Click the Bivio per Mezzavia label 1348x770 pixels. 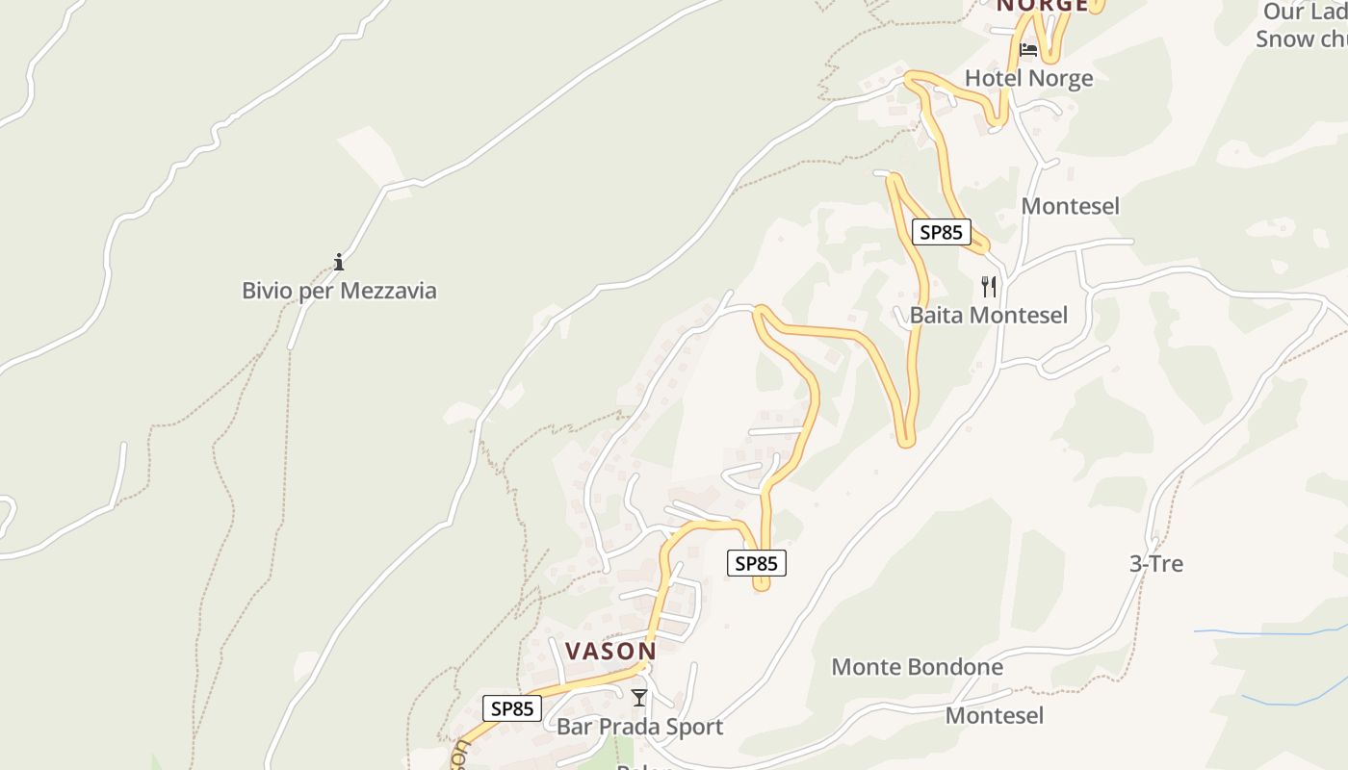click(x=339, y=290)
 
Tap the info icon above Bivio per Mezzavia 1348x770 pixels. click(x=339, y=262)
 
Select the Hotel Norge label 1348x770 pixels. click(x=1029, y=78)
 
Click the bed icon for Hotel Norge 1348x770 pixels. click(x=1028, y=49)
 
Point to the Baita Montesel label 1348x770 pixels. click(x=989, y=315)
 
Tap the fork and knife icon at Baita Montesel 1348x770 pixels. click(x=989, y=286)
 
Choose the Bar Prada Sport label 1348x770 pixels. click(x=639, y=726)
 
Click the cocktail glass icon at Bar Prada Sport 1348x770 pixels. click(x=639, y=698)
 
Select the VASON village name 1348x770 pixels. click(x=610, y=652)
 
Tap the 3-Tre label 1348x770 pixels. click(x=1155, y=563)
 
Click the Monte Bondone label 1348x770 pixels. click(x=917, y=666)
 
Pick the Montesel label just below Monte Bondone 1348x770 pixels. click(x=994, y=715)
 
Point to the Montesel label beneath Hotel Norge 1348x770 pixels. click(x=1070, y=206)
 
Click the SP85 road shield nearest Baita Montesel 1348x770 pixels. click(x=942, y=232)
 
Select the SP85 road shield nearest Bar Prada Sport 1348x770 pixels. click(x=512, y=708)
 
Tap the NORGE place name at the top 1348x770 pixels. click(x=1043, y=6)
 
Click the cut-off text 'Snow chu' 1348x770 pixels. click(x=1301, y=39)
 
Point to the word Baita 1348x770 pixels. click(x=937, y=315)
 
